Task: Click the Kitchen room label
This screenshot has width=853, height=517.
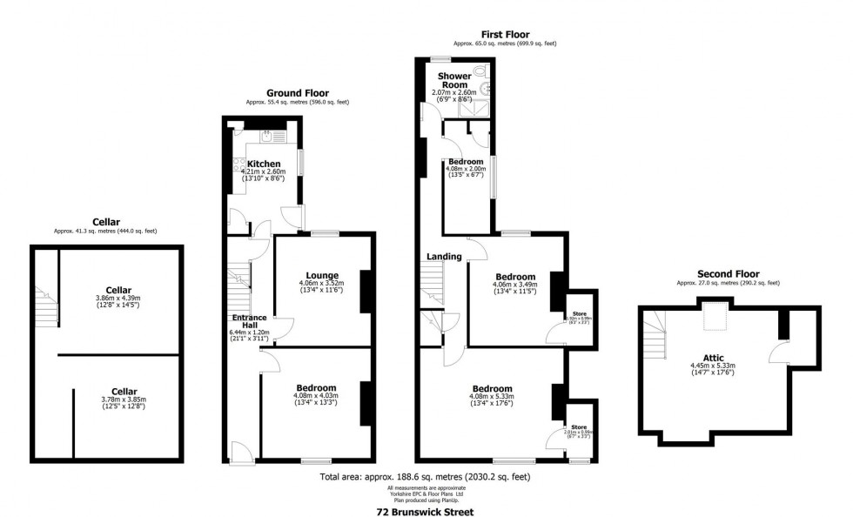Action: pyautogui.click(x=264, y=164)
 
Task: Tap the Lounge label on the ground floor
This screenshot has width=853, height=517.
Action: pyautogui.click(x=322, y=275)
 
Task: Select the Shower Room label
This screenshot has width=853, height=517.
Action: pyautogui.click(x=454, y=81)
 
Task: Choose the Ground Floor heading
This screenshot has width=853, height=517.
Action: pyautogui.click(x=297, y=92)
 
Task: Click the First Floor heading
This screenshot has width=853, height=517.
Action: pyautogui.click(x=504, y=34)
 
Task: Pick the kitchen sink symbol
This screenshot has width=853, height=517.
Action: pyautogui.click(x=268, y=135)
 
